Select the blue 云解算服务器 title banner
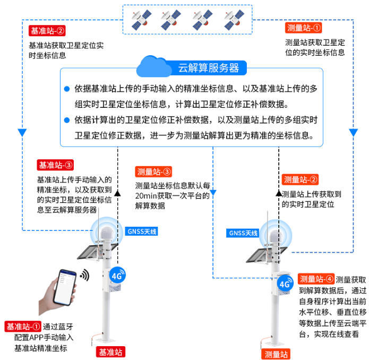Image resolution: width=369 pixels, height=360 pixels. point(208,67)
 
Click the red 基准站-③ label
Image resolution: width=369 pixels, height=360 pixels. point(55,165)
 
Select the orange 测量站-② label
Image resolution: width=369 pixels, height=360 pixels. point(301,180)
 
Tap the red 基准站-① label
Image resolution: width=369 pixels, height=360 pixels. point(23,327)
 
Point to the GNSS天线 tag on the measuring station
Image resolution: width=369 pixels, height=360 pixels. point(243,233)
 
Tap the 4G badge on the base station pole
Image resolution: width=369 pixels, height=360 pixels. point(117,276)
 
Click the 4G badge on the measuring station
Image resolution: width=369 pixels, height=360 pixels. point(285,284)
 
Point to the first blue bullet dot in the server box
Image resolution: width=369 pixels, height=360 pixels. point(67,89)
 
